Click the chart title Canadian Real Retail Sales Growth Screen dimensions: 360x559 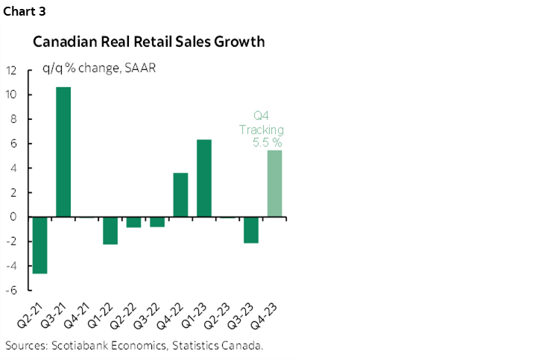pos(148,42)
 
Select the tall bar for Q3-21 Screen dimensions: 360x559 pos(63,152)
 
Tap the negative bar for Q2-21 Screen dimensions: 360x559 pos(40,245)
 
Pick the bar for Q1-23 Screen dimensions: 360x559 pos(204,178)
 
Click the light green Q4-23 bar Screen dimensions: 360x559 pos(275,183)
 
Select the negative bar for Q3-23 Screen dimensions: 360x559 pos(251,230)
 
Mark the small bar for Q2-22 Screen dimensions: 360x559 pos(133,222)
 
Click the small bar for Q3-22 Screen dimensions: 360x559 pos(157,222)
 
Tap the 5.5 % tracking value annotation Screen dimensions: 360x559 pos(267,143)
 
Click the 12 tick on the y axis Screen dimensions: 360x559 pos(12,71)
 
